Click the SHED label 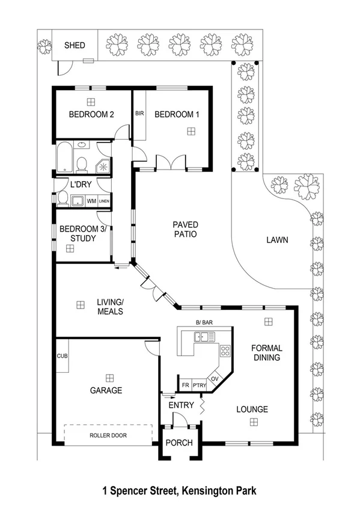[x=75, y=45]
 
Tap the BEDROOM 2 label [x=91, y=114]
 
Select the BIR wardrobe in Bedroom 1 [x=139, y=114]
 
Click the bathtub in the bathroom [x=65, y=158]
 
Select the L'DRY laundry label [x=81, y=185]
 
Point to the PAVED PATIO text [x=186, y=230]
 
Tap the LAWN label [x=277, y=240]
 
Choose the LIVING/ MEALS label [x=110, y=307]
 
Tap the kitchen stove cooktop [x=225, y=351]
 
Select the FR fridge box [x=186, y=384]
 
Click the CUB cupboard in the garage [x=62, y=356]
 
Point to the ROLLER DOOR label [x=108, y=435]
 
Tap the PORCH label [x=180, y=443]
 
